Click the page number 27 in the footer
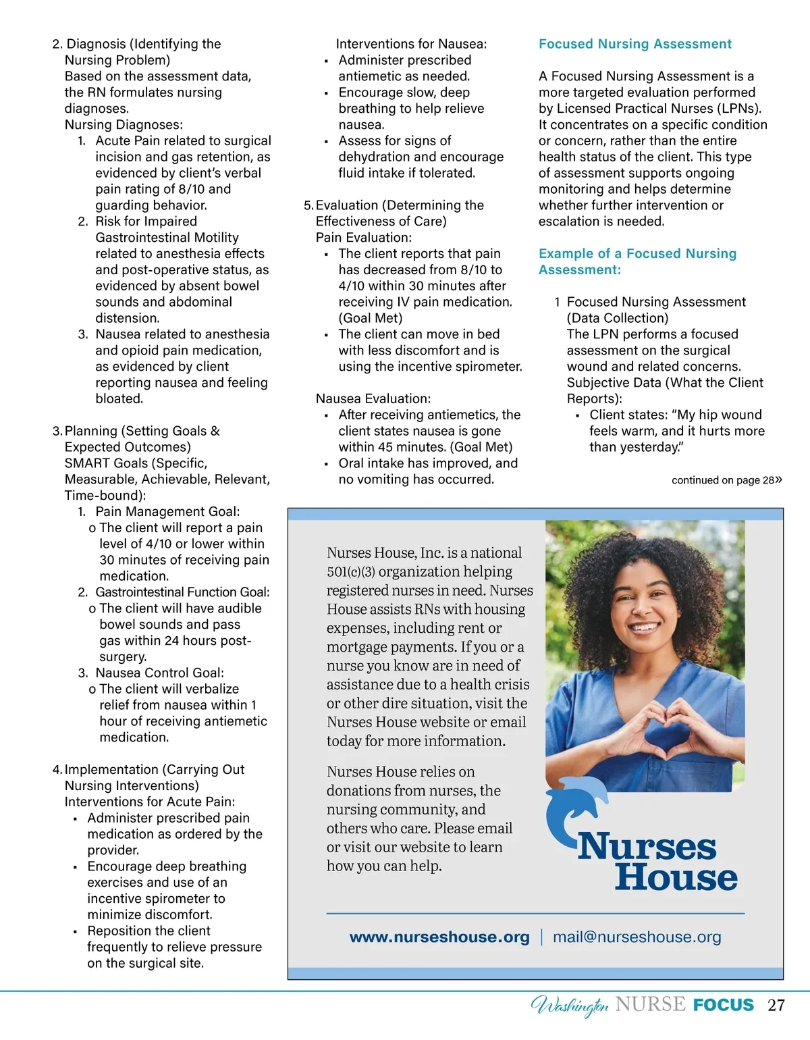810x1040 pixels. pos(776,1005)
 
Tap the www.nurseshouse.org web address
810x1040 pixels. pos(439,937)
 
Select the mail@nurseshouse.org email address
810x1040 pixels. pos(637,937)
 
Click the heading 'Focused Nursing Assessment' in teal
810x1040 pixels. pos(634,44)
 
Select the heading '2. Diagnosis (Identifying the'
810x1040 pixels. pos(136,44)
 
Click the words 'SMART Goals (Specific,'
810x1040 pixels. pos(136,463)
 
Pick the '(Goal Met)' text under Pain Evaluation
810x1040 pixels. pos(371,318)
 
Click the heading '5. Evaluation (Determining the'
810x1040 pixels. pos(394,205)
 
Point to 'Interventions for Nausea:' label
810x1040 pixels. pos(411,44)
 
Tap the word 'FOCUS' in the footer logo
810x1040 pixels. pos(723,1005)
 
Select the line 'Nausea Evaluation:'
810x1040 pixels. pos(373,398)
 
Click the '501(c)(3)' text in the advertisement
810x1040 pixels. pos(350,571)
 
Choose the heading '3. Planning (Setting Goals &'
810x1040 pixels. pos(136,431)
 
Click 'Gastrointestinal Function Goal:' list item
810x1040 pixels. pos(182,592)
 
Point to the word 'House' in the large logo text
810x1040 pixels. pos(676,877)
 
